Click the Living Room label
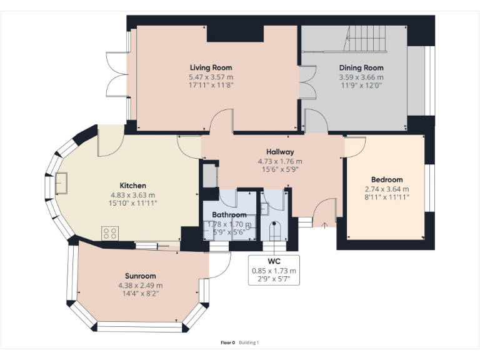[211, 67]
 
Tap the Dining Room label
[361, 67]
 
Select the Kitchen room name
[132, 186]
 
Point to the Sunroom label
[141, 276]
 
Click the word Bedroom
[387, 180]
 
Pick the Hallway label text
[280, 152]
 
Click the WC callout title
[274, 261]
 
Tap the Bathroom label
[229, 214]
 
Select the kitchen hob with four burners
[110, 233]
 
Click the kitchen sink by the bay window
[61, 183]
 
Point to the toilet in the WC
[274, 231]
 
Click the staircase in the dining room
[365, 39]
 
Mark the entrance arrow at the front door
[324, 225]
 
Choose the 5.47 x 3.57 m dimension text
[211, 77]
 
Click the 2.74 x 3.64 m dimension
[387, 189]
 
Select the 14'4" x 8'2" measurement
[141, 294]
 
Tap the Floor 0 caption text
[227, 342]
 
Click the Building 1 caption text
[249, 342]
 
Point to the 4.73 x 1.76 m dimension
[280, 161]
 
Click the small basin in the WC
[264, 209]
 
